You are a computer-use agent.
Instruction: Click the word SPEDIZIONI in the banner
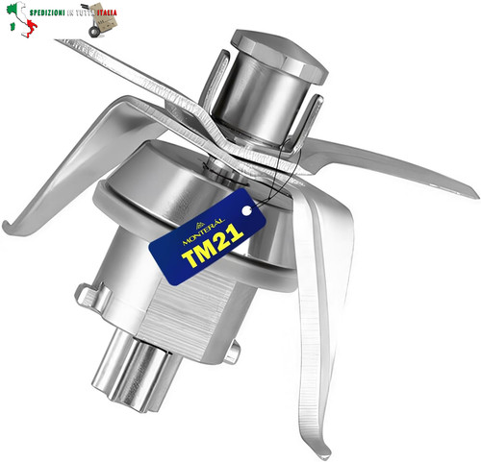pos(47,13)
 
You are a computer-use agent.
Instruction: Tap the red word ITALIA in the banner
pos(107,13)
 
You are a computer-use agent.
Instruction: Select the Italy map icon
pos(22,19)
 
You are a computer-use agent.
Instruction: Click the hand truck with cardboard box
pos(101,20)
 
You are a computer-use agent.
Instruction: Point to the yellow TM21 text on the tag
pos(213,245)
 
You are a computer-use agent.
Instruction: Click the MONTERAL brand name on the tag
pos(203,231)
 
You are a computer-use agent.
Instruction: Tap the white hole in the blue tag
pos(246,210)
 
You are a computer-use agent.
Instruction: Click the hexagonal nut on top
pos(279,56)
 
